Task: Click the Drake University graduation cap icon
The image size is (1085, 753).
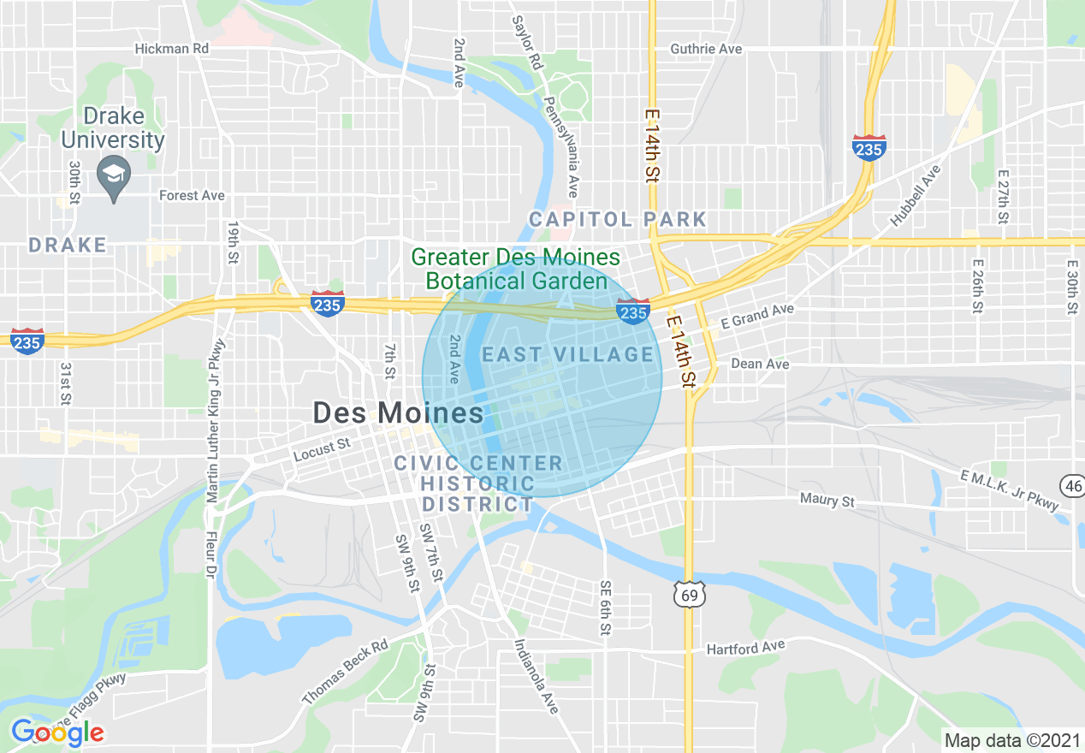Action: click(x=114, y=174)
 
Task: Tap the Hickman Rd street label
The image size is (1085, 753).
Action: click(x=172, y=49)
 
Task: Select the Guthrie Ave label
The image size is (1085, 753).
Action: click(x=706, y=49)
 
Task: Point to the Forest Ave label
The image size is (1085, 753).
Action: click(x=192, y=195)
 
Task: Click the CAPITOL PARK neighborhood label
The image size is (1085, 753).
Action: click(x=618, y=220)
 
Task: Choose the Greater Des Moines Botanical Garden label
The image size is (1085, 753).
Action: click(x=516, y=269)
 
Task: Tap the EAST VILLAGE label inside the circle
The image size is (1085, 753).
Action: click(x=567, y=354)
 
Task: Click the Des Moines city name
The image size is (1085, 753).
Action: click(x=398, y=413)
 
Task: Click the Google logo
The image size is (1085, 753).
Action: click(x=57, y=732)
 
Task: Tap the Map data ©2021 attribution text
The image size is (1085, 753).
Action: click(x=1011, y=739)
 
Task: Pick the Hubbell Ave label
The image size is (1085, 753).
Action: click(x=916, y=195)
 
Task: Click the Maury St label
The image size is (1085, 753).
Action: click(x=827, y=500)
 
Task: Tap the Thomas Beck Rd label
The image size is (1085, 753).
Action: click(x=345, y=672)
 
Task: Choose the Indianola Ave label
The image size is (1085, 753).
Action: click(x=536, y=677)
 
